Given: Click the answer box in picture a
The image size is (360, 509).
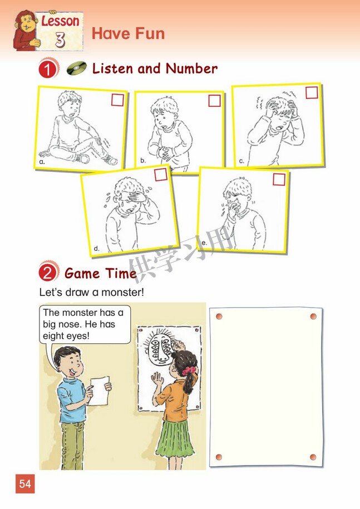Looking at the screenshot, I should click(x=117, y=100).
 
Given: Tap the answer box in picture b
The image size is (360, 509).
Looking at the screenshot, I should click(x=214, y=101).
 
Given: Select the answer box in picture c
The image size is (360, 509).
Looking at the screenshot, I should click(x=312, y=92).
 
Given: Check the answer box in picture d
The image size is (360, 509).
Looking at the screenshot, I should click(x=160, y=175).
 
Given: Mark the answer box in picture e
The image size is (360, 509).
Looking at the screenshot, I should click(x=279, y=179).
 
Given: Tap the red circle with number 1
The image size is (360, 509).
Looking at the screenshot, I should click(x=49, y=70).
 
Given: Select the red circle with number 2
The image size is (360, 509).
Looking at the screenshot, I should click(x=49, y=274).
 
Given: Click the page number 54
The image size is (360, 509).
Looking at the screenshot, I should click(x=25, y=483).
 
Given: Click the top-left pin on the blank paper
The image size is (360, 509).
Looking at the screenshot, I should click(x=219, y=316).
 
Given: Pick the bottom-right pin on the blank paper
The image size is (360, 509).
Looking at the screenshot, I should click(x=313, y=457).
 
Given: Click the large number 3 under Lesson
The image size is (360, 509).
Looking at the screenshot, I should click(x=61, y=39).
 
